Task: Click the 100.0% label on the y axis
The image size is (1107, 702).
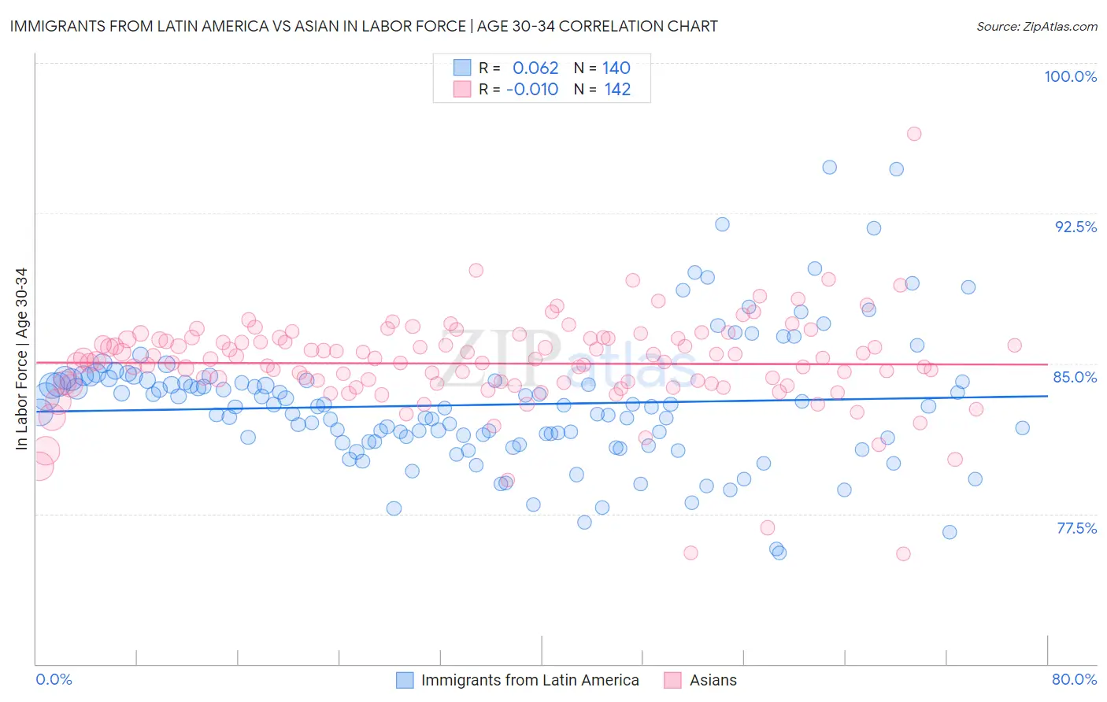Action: tap(1070, 76)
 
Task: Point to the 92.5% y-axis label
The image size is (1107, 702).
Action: tap(1076, 227)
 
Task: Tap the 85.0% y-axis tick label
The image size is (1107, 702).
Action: tap(1075, 377)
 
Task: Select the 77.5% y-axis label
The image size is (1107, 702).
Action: tap(1076, 528)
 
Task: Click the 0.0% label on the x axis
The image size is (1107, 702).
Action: tap(54, 679)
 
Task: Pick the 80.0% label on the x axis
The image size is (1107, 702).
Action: tap(1074, 679)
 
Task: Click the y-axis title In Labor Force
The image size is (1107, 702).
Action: tap(21, 359)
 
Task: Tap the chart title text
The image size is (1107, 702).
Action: tap(364, 26)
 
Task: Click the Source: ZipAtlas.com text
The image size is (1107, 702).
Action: tap(1036, 26)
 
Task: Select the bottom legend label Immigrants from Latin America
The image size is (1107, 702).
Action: tap(530, 680)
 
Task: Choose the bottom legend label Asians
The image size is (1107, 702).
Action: tap(713, 680)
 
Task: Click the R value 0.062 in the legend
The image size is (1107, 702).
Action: tap(535, 68)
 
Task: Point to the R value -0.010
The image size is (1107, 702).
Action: tap(532, 89)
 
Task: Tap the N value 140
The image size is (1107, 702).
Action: tap(616, 68)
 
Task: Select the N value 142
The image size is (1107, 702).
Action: tap(617, 89)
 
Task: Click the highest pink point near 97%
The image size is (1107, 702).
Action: tap(913, 134)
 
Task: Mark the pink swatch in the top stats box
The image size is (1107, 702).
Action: tap(461, 89)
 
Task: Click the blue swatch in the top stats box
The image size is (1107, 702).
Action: tap(461, 68)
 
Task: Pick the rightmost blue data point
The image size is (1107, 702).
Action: tap(1022, 428)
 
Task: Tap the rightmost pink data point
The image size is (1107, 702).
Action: tap(1014, 345)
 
